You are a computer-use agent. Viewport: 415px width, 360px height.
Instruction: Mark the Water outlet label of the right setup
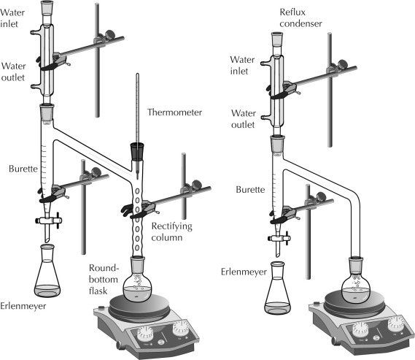pyautogui.click(x=243, y=119)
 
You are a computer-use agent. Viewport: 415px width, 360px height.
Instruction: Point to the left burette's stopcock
pyautogui.click(x=49, y=219)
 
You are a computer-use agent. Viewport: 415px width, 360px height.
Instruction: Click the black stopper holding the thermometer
pyautogui.click(x=136, y=153)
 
